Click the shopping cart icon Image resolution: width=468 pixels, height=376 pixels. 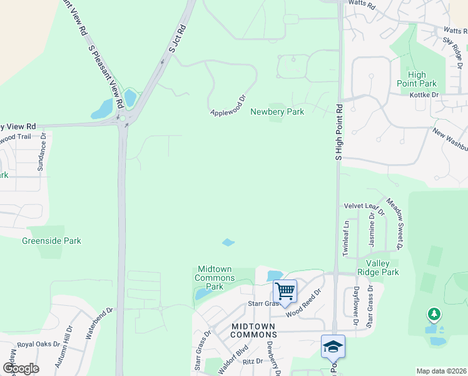[285, 291]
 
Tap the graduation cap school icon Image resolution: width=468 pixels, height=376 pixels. [333, 346]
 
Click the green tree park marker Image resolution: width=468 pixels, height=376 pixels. [433, 314]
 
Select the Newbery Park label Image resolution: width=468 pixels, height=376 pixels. [277, 112]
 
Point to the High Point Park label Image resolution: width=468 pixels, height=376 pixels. [417, 79]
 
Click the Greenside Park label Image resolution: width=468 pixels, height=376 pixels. [51, 241]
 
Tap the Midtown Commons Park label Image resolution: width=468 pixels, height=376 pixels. [215, 278]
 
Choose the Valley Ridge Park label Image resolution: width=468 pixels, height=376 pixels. [378, 268]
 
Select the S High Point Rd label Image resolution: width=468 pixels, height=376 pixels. [338, 132]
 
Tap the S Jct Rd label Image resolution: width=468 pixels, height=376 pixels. [178, 38]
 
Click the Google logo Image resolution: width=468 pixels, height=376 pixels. [21, 368]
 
